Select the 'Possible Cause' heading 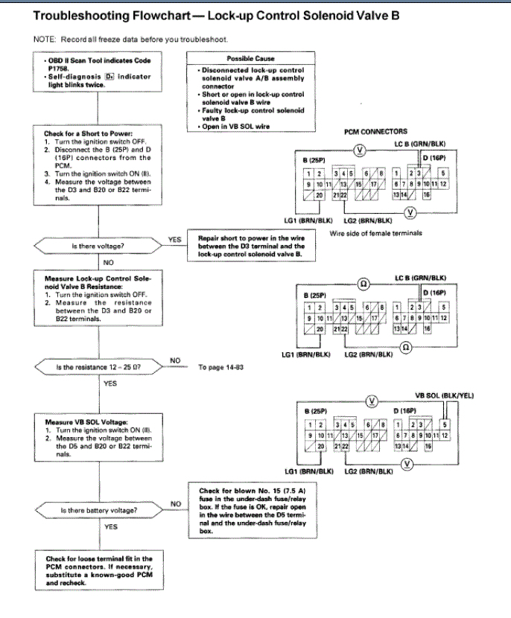coord(250,59)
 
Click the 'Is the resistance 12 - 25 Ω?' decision coord(98,368)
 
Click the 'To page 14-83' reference coord(220,367)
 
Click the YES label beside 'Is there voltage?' coord(174,240)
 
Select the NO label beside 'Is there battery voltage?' coord(176,504)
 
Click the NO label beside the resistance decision coord(176,361)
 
